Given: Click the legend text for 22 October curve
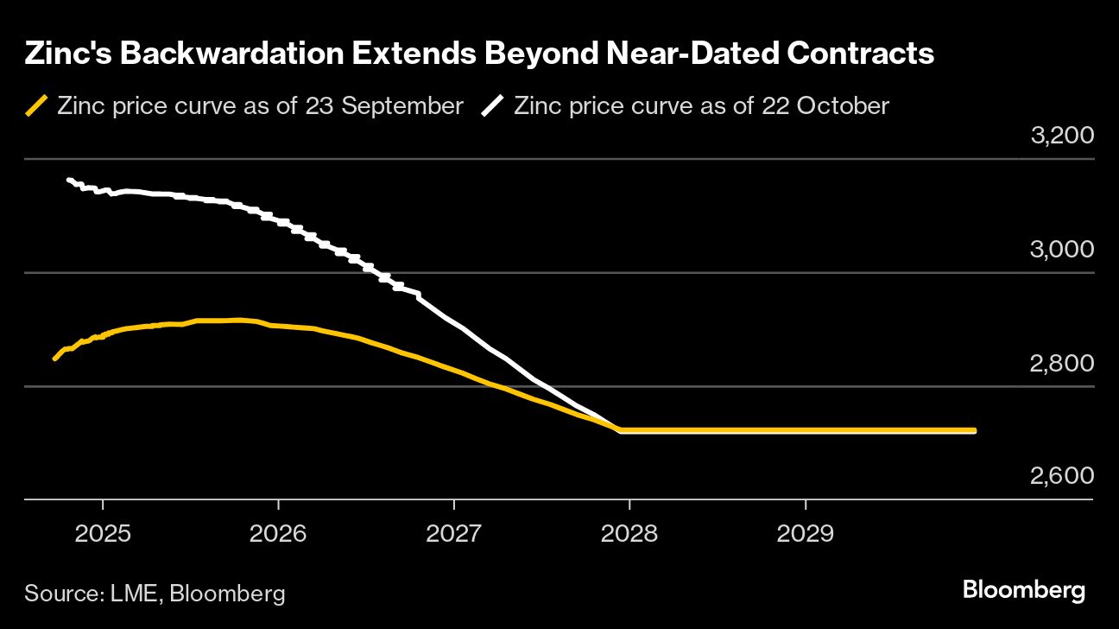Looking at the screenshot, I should (x=701, y=106).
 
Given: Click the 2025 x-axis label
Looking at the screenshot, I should (x=103, y=533).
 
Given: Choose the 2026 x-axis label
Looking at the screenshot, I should (x=278, y=533).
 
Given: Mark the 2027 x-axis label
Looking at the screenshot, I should (x=453, y=533).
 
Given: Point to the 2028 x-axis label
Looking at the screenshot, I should (x=629, y=533).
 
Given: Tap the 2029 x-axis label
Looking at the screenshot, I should (x=805, y=533).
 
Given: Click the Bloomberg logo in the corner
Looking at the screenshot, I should (x=1023, y=591).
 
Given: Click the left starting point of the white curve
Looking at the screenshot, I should (x=69, y=180).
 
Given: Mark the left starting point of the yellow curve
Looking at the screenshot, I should (x=54, y=359).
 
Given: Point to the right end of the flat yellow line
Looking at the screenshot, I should (x=975, y=430).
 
